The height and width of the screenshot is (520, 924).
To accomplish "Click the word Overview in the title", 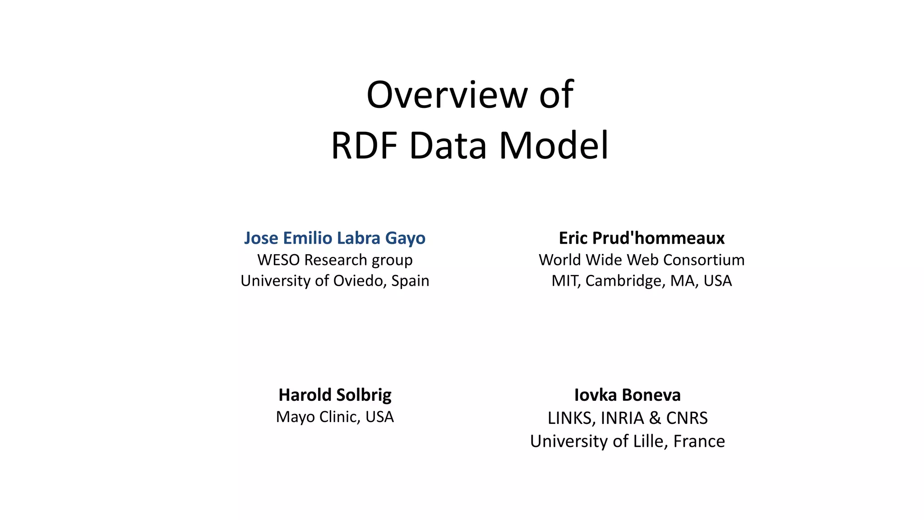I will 447,95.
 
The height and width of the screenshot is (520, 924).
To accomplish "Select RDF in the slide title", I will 364,146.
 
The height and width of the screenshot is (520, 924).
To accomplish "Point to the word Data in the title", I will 448,146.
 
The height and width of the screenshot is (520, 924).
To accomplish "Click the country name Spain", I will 410,281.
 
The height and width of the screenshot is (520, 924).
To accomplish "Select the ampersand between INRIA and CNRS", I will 655,418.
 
